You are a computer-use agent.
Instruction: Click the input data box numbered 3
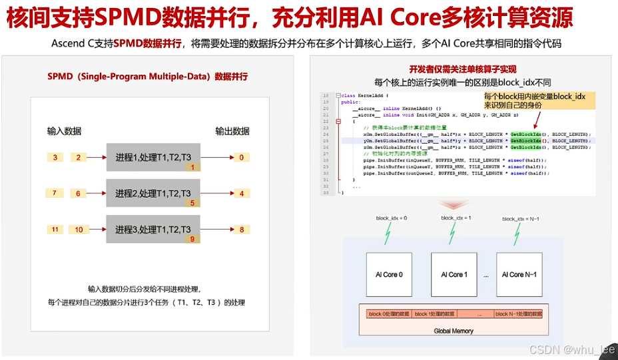[x=55, y=158]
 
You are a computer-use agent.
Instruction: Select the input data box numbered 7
[x=55, y=193]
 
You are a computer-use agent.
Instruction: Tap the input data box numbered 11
[x=55, y=230]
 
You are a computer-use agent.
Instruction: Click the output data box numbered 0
[x=241, y=158]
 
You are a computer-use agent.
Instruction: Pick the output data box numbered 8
[x=241, y=230]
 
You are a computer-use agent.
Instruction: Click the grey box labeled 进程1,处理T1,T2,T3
[x=153, y=157]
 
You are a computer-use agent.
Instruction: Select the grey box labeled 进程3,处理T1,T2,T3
[x=153, y=230]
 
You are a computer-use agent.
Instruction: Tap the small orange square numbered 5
[x=192, y=203]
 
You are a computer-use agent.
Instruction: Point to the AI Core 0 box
[x=389, y=274]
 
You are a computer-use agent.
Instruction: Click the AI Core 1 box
[x=454, y=274]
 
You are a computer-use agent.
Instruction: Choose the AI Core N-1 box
[x=519, y=274]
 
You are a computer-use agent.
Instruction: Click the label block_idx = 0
[x=391, y=218]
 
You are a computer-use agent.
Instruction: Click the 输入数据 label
[x=64, y=130]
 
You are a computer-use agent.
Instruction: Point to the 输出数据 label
[x=232, y=130]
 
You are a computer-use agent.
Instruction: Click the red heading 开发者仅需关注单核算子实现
[x=463, y=69]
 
